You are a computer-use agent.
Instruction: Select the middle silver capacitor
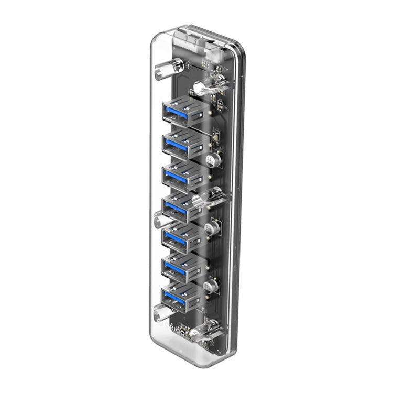[211, 227]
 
